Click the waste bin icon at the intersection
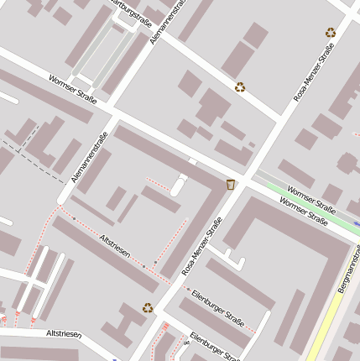[x=231, y=184]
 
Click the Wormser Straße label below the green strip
[x=304, y=213]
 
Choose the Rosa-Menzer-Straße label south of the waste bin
[x=202, y=247]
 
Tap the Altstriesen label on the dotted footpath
[x=114, y=250]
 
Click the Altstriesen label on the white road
[x=64, y=333]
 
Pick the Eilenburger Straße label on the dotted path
[x=217, y=306]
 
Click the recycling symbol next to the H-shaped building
[x=148, y=307]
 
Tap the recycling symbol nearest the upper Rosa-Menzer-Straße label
[x=331, y=33]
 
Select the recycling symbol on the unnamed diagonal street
[x=240, y=86]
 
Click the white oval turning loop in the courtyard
[x=179, y=185]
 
